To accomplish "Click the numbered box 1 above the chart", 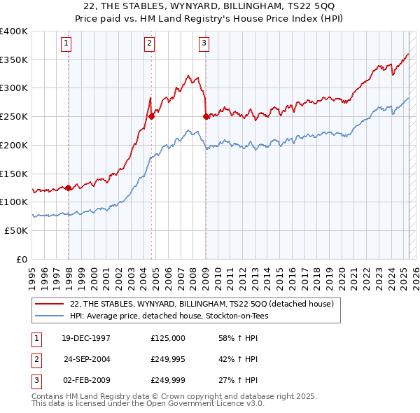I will tap(67, 43).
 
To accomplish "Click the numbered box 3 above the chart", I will tap(204, 43).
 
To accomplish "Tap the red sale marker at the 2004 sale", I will tap(151, 116).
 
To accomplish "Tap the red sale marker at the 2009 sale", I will tap(206, 116).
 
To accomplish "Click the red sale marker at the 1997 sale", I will tap(68, 188).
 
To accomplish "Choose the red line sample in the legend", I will tap(50, 304).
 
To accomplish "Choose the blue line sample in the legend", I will tap(50, 316).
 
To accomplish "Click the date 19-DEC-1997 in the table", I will tap(86, 338).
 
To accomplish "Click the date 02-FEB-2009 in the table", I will tap(86, 381).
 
